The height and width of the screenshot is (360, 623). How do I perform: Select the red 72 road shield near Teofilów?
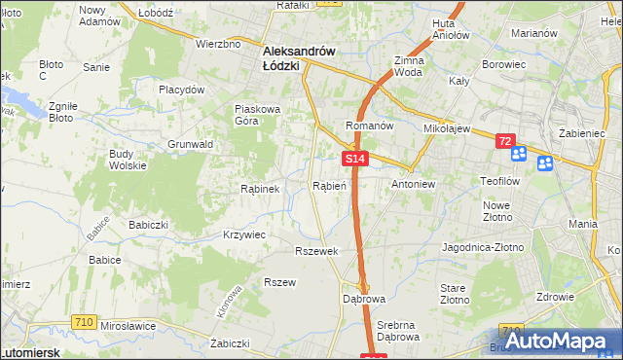(x=504, y=141)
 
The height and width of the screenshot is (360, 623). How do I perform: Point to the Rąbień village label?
(x=329, y=185)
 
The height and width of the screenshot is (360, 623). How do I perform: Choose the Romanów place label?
(x=369, y=126)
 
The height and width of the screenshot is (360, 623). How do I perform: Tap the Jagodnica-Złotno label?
(x=483, y=247)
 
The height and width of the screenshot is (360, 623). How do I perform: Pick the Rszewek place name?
(x=316, y=251)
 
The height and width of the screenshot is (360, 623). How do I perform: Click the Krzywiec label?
(x=243, y=234)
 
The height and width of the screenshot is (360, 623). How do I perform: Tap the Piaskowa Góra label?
(x=258, y=115)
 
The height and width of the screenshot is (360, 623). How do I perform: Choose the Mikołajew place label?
(x=447, y=127)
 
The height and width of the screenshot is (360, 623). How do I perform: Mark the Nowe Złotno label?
(x=497, y=210)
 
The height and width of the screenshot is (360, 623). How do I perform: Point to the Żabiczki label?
(x=231, y=343)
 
